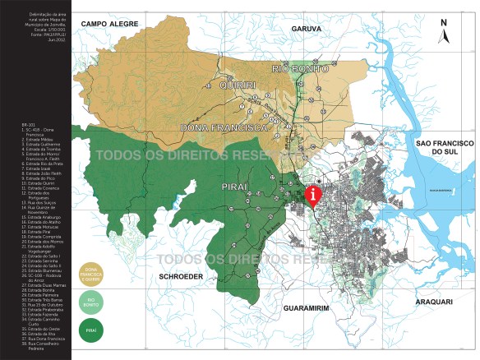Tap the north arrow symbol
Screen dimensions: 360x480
point(444,36)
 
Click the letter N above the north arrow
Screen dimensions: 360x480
point(444,23)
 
